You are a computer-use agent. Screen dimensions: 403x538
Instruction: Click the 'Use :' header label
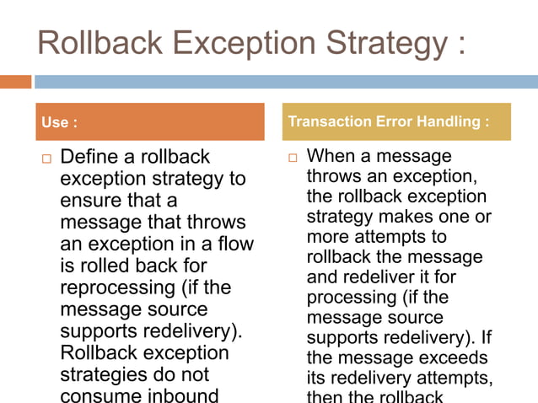(59, 123)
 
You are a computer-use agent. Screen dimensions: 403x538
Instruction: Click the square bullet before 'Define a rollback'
(46, 159)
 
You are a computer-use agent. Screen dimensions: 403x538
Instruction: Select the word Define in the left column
(89, 157)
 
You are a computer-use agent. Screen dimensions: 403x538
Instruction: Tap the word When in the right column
(330, 156)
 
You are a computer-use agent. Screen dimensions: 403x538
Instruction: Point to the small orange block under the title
(15, 82)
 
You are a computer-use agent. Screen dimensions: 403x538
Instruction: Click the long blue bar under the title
(286, 82)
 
